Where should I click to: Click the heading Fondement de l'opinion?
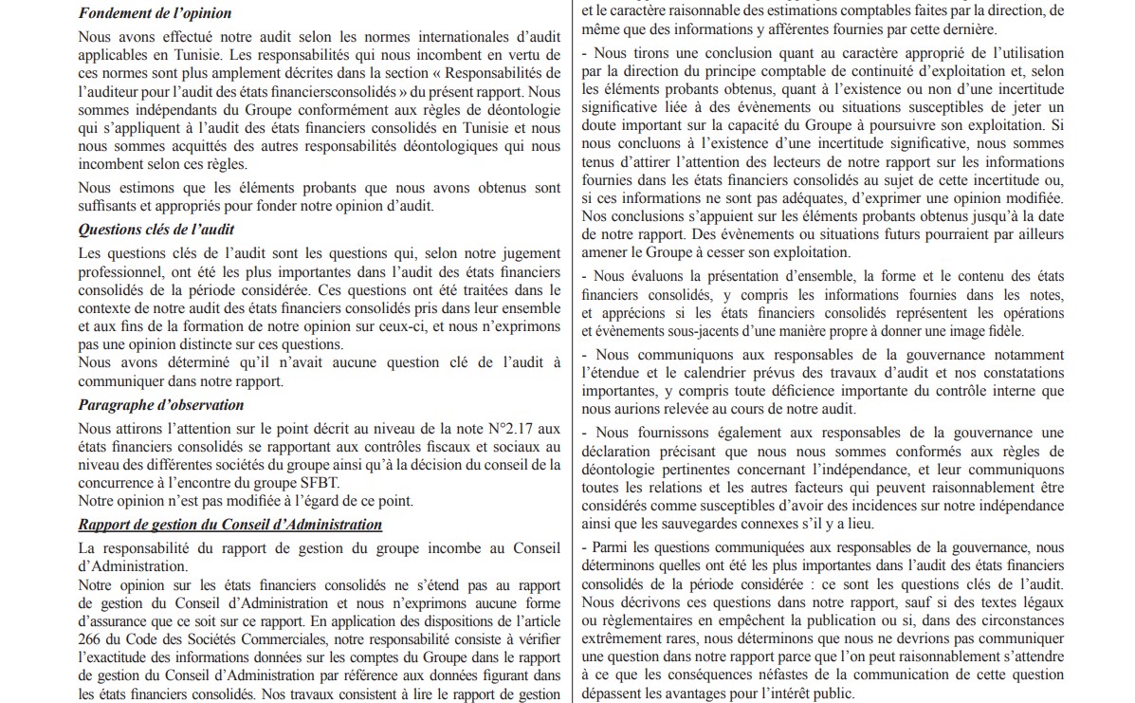(x=155, y=13)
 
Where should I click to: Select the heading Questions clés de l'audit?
(x=156, y=230)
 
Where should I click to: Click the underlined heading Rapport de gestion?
(x=230, y=525)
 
